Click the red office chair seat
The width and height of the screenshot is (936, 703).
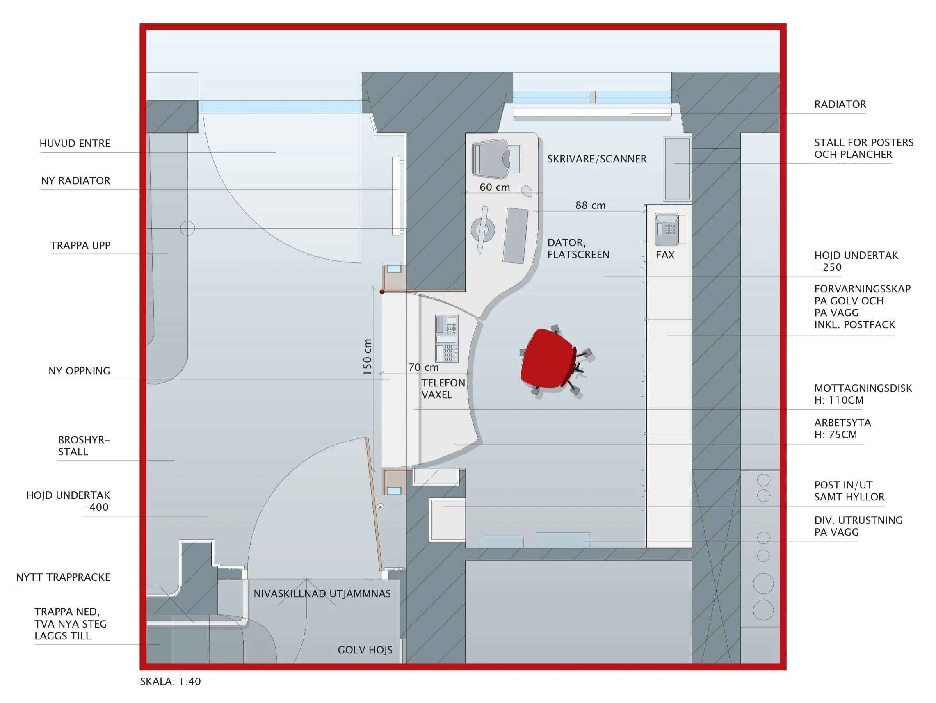[547, 358]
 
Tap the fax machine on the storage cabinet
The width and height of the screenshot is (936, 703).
[667, 229]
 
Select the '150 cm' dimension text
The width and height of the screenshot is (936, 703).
[367, 357]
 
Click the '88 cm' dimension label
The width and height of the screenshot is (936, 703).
[590, 205]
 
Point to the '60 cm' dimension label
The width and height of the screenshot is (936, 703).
[494, 187]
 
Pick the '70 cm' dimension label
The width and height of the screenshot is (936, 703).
[423, 367]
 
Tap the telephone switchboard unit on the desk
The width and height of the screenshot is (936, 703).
[447, 339]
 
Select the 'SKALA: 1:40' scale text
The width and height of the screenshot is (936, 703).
[170, 681]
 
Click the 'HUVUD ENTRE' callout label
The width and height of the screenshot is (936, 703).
[75, 144]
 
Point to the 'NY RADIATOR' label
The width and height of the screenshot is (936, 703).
[76, 181]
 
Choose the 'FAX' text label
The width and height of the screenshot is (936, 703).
[665, 255]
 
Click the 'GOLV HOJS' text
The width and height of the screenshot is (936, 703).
[365, 650]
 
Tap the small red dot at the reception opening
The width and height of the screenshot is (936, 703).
[382, 292]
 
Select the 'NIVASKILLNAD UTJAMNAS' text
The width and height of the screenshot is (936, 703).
[322, 593]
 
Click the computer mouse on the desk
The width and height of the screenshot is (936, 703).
[527, 191]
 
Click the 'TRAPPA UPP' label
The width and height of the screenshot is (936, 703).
[80, 246]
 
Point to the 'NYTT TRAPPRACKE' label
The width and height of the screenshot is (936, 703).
[64, 577]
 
